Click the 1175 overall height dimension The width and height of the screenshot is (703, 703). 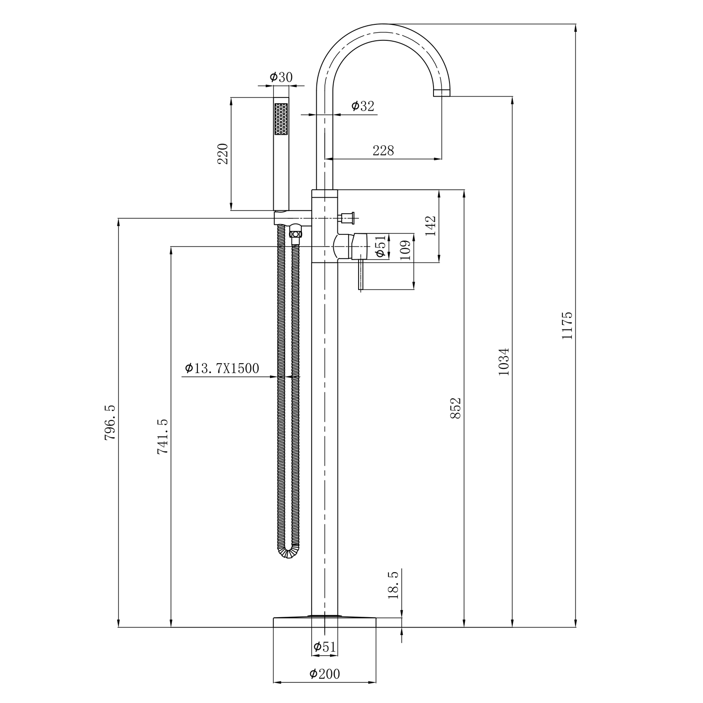tap(568, 325)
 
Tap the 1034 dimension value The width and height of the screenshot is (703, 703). tap(504, 361)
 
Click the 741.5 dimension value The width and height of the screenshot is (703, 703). tap(163, 436)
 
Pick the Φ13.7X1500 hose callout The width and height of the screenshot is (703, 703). tap(222, 368)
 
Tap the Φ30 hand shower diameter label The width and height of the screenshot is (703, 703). tap(281, 77)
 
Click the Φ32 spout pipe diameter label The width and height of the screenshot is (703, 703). tap(363, 106)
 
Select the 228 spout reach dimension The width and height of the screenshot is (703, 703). tap(383, 150)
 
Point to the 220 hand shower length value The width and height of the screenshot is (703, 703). tap(223, 154)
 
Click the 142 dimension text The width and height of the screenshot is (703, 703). tap(431, 225)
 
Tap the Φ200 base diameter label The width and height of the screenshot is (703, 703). tap(324, 674)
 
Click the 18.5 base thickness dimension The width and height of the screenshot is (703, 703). tap(393, 584)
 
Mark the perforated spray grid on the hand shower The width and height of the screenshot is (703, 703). tap(281, 120)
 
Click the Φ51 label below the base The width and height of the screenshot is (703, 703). tap(324, 647)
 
